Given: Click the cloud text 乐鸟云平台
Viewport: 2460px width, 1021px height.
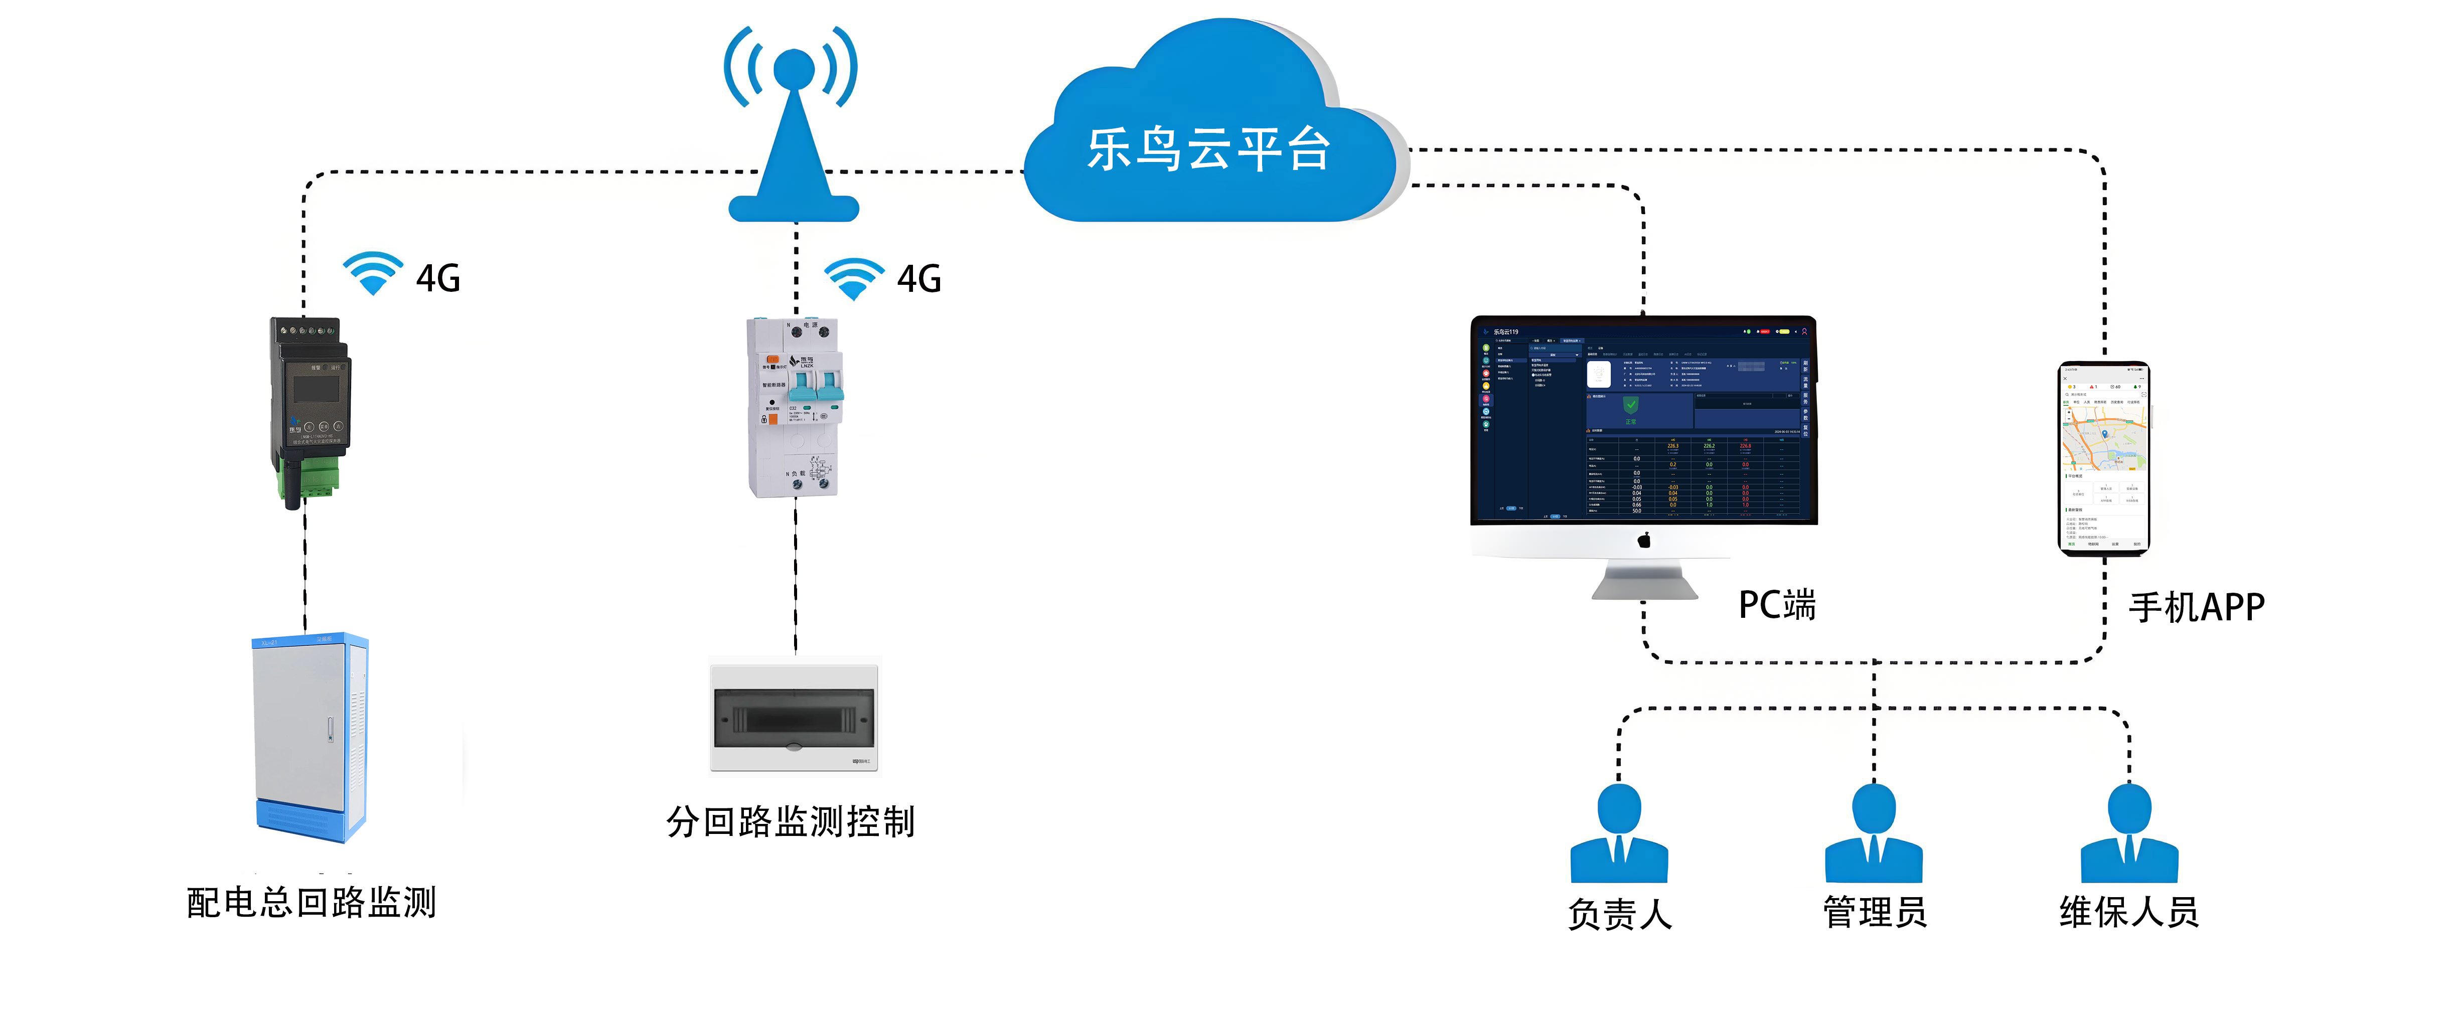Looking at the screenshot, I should coord(1208,150).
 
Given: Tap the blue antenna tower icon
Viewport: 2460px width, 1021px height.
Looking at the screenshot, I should coord(793,134).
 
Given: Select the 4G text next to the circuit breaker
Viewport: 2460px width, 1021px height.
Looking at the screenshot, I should coord(918,279).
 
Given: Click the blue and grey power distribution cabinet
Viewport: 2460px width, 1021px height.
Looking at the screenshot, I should coord(311,736).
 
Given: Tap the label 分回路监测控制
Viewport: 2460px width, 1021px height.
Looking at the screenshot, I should coord(791,821).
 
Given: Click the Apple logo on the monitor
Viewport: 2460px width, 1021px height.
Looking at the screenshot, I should coord(1643,541).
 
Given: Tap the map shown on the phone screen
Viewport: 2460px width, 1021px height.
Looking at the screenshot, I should coord(2104,439).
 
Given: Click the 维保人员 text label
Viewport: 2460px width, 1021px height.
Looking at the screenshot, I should coord(2128,912).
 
